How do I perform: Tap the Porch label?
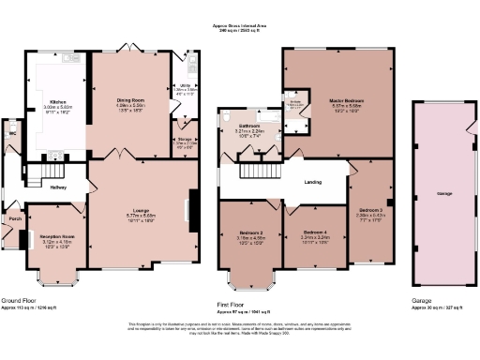tap(14, 219)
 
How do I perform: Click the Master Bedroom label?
tap(346, 100)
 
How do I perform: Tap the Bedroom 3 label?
tap(369, 210)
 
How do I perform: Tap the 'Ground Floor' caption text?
tap(19, 299)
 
